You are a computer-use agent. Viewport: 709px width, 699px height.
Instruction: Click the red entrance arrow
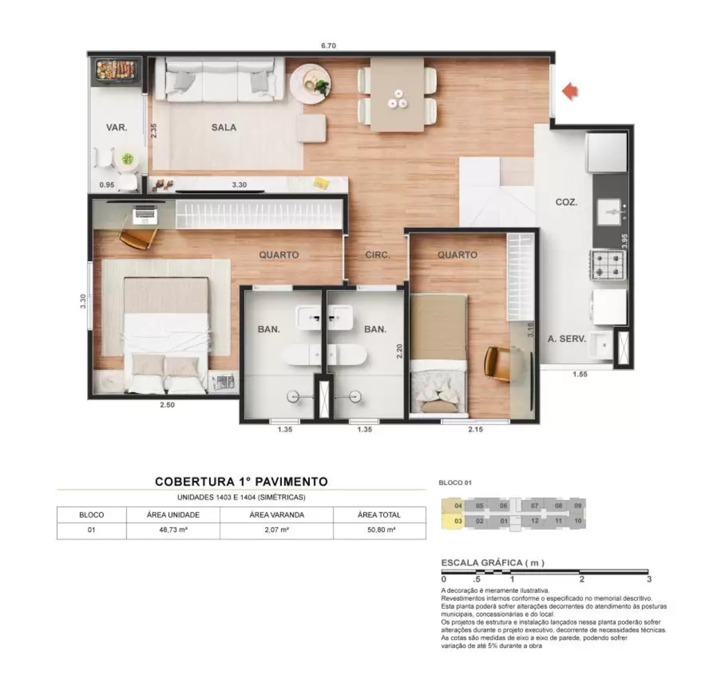570,91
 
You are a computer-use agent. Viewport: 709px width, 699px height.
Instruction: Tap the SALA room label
224,128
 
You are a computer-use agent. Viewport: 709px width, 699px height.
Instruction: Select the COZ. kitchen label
566,202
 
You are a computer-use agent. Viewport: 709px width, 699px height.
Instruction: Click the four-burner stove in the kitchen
608,265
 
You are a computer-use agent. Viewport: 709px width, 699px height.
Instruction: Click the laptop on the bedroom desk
145,216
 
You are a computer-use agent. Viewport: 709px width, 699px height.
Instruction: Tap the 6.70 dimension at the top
328,46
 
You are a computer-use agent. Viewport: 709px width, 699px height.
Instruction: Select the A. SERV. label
566,339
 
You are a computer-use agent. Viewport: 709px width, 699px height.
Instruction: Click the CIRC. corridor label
378,255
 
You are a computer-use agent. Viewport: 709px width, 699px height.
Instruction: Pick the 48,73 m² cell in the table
173,530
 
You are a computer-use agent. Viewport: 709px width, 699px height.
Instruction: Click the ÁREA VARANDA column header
277,515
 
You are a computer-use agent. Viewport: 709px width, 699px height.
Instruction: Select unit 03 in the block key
458,521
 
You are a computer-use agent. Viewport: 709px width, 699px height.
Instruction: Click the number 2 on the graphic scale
582,579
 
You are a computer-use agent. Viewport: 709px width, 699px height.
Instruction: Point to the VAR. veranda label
117,128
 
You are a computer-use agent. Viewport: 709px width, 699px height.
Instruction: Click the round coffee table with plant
310,84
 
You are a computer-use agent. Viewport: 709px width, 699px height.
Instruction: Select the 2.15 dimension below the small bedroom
475,429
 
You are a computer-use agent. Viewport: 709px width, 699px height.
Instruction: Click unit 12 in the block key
534,521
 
